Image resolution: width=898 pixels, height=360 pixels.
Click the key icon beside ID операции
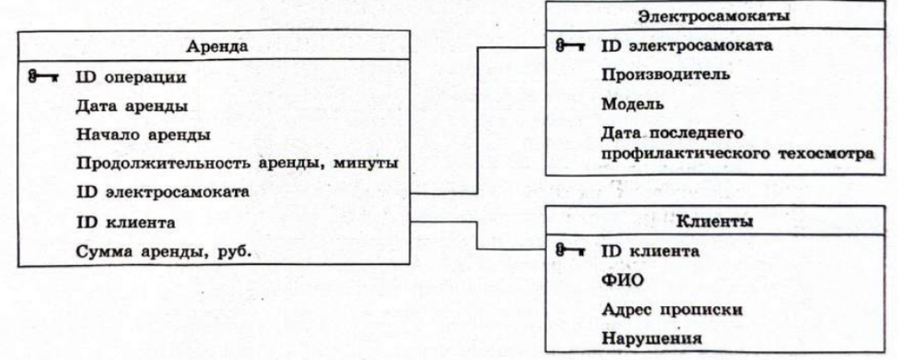click(x=39, y=77)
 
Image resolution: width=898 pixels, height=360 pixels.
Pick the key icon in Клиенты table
click(x=569, y=250)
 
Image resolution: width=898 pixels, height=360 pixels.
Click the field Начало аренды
click(x=143, y=135)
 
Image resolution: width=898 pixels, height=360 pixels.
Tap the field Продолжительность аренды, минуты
click(x=237, y=164)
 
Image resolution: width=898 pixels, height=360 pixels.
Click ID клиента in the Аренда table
click(x=126, y=221)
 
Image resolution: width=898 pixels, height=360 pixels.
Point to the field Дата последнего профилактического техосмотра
click(x=739, y=143)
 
